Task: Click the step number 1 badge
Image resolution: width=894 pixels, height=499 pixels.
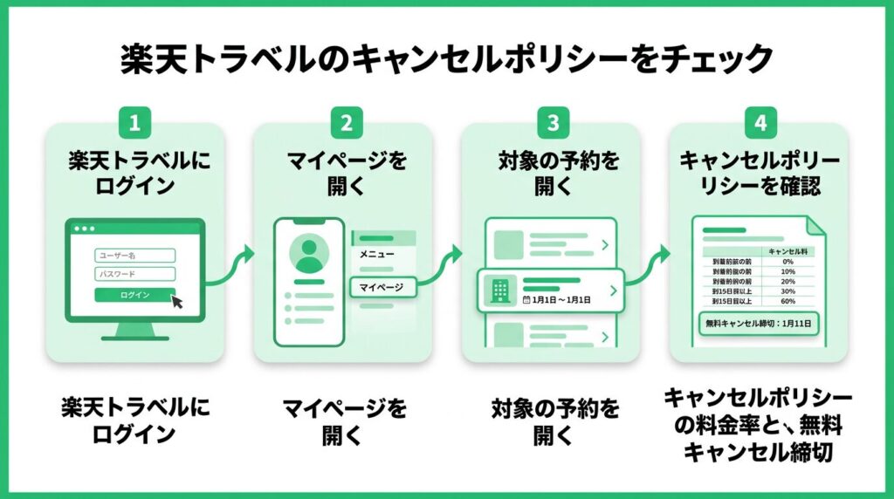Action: point(134,123)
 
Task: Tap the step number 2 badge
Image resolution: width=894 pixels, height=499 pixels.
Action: point(347,123)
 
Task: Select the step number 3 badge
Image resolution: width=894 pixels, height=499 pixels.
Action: point(552,123)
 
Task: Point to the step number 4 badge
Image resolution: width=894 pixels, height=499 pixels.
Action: point(760,123)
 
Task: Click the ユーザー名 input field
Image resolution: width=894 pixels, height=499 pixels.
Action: point(134,256)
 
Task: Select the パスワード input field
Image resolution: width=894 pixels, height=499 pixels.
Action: point(134,273)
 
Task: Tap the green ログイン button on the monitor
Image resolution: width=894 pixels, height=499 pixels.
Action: point(134,295)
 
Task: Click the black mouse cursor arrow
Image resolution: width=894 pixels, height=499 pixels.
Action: point(177,302)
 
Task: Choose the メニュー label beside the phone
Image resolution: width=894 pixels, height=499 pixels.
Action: point(377,255)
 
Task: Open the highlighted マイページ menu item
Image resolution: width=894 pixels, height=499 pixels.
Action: point(382,285)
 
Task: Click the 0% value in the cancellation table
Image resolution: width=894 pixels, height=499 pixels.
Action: point(787,261)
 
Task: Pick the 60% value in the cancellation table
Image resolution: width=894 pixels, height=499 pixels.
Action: point(787,301)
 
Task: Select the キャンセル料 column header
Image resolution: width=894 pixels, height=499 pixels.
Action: point(787,251)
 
